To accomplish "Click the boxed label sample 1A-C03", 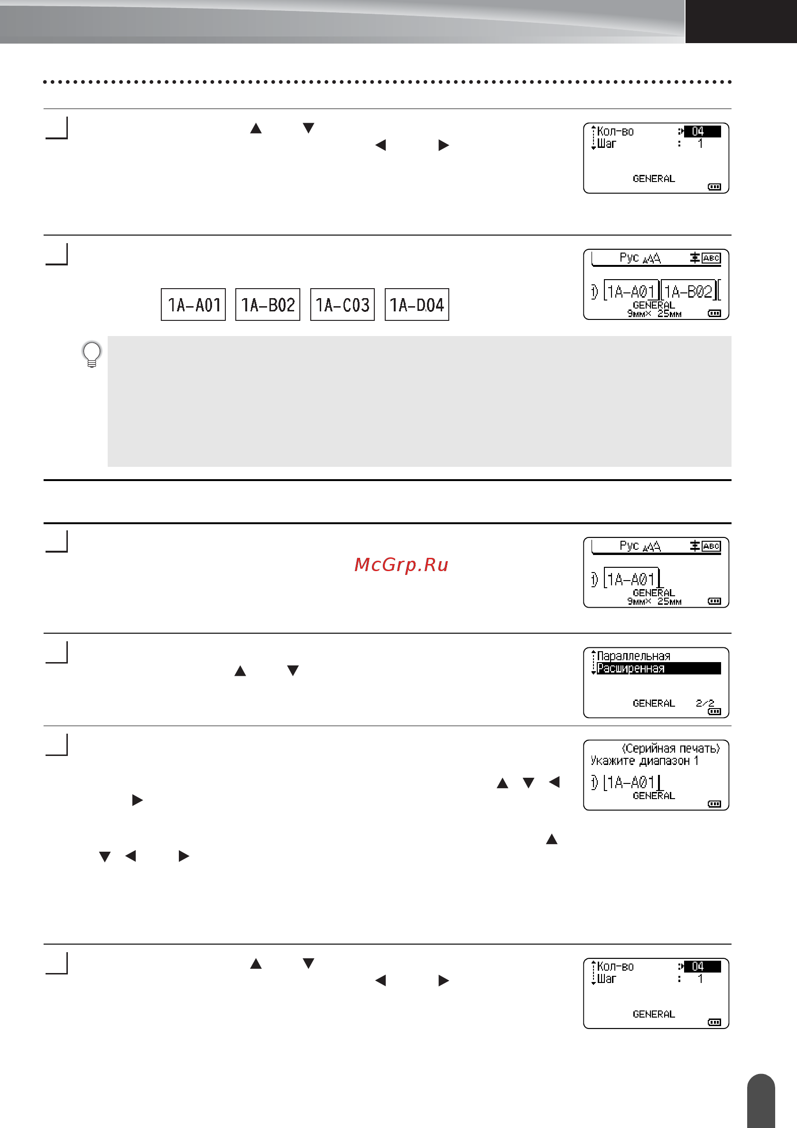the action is (x=342, y=305).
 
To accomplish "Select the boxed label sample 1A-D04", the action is (x=417, y=305).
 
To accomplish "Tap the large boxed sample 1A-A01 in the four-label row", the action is (x=193, y=305).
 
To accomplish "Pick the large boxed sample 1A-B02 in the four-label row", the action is (x=268, y=305).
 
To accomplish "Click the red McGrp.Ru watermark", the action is (x=401, y=564).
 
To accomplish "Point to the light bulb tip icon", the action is (x=92, y=354).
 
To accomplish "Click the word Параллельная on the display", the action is (x=634, y=656).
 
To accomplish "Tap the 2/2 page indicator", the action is (x=705, y=703).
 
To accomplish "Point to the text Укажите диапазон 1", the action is (x=645, y=761).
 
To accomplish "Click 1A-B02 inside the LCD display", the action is (x=688, y=292).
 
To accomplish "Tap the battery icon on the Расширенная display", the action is (x=714, y=711).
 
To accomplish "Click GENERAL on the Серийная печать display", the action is (x=654, y=795).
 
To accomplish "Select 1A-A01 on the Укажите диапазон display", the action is (x=631, y=782).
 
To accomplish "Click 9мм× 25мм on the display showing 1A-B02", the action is (x=654, y=313).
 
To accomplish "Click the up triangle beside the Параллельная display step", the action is (x=241, y=671).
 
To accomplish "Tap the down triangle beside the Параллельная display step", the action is (x=293, y=671).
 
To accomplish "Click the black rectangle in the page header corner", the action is (x=741, y=21).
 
